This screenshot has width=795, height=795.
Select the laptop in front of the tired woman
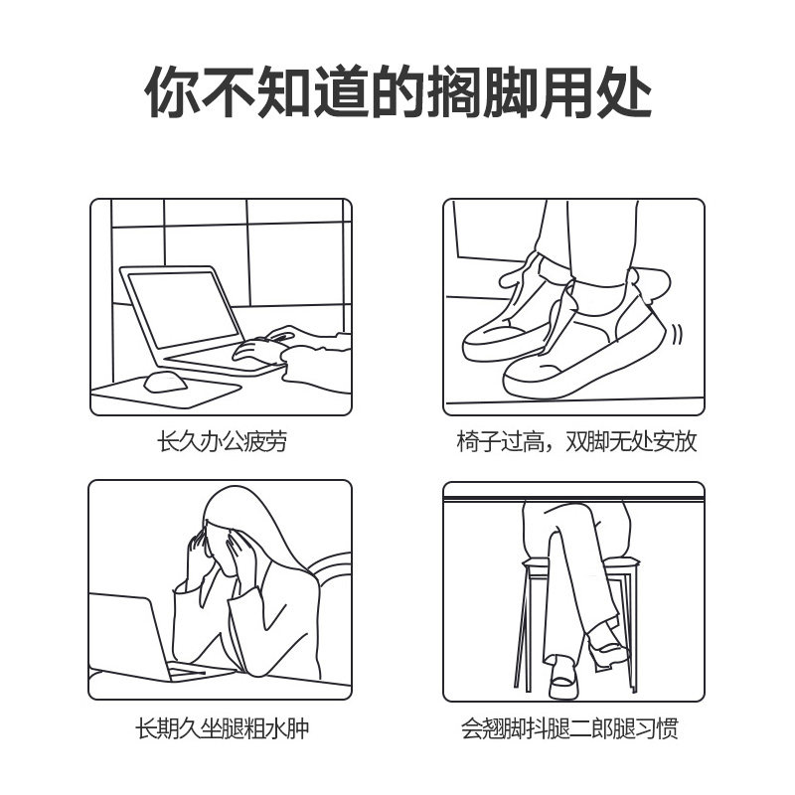[134, 636]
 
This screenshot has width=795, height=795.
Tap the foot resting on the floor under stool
[561, 676]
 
